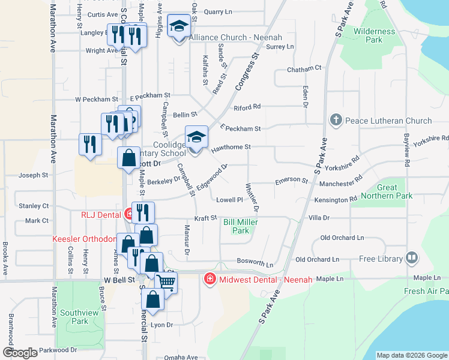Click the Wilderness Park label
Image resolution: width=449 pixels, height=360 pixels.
375,35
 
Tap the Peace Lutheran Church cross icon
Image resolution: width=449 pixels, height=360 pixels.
336,121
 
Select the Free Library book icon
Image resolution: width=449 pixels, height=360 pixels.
411,259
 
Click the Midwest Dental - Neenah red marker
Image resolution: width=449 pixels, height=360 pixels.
209,280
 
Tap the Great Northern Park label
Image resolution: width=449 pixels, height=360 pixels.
387,191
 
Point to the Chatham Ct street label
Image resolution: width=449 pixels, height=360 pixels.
304,69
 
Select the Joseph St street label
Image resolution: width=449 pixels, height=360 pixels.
33,175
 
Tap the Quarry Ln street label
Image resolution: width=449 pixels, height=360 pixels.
218,12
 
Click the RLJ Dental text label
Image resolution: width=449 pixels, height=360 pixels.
101,214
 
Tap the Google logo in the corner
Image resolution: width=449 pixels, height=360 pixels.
20,353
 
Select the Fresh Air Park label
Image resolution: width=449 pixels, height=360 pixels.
426,292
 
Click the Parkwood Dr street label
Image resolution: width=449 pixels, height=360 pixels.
56,350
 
